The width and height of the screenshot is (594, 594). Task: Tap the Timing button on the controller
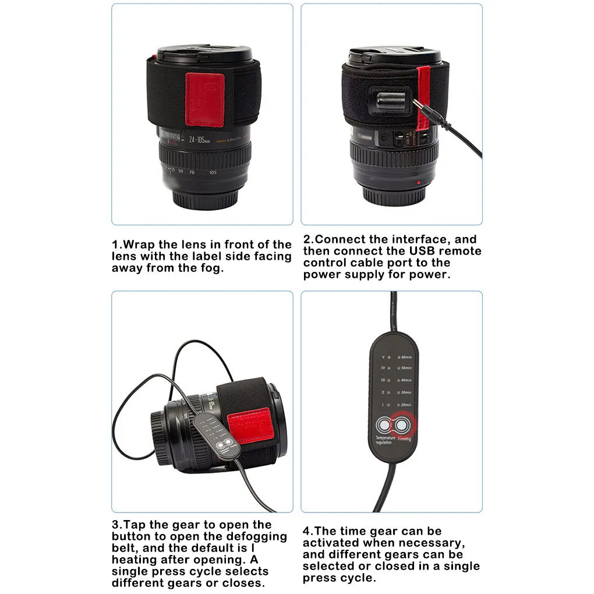tap(401, 424)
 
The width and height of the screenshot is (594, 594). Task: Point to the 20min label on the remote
tap(405, 404)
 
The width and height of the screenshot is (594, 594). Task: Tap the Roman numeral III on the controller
tap(383, 380)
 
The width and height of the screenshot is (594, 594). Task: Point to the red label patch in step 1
tap(201, 94)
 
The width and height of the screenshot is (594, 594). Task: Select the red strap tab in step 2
tap(422, 99)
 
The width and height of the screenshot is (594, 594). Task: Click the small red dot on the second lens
tap(418, 182)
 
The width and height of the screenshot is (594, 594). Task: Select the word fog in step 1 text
tap(211, 268)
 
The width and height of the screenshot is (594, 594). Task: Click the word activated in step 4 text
tap(334, 543)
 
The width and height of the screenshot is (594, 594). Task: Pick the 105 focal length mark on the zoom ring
tap(213, 172)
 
